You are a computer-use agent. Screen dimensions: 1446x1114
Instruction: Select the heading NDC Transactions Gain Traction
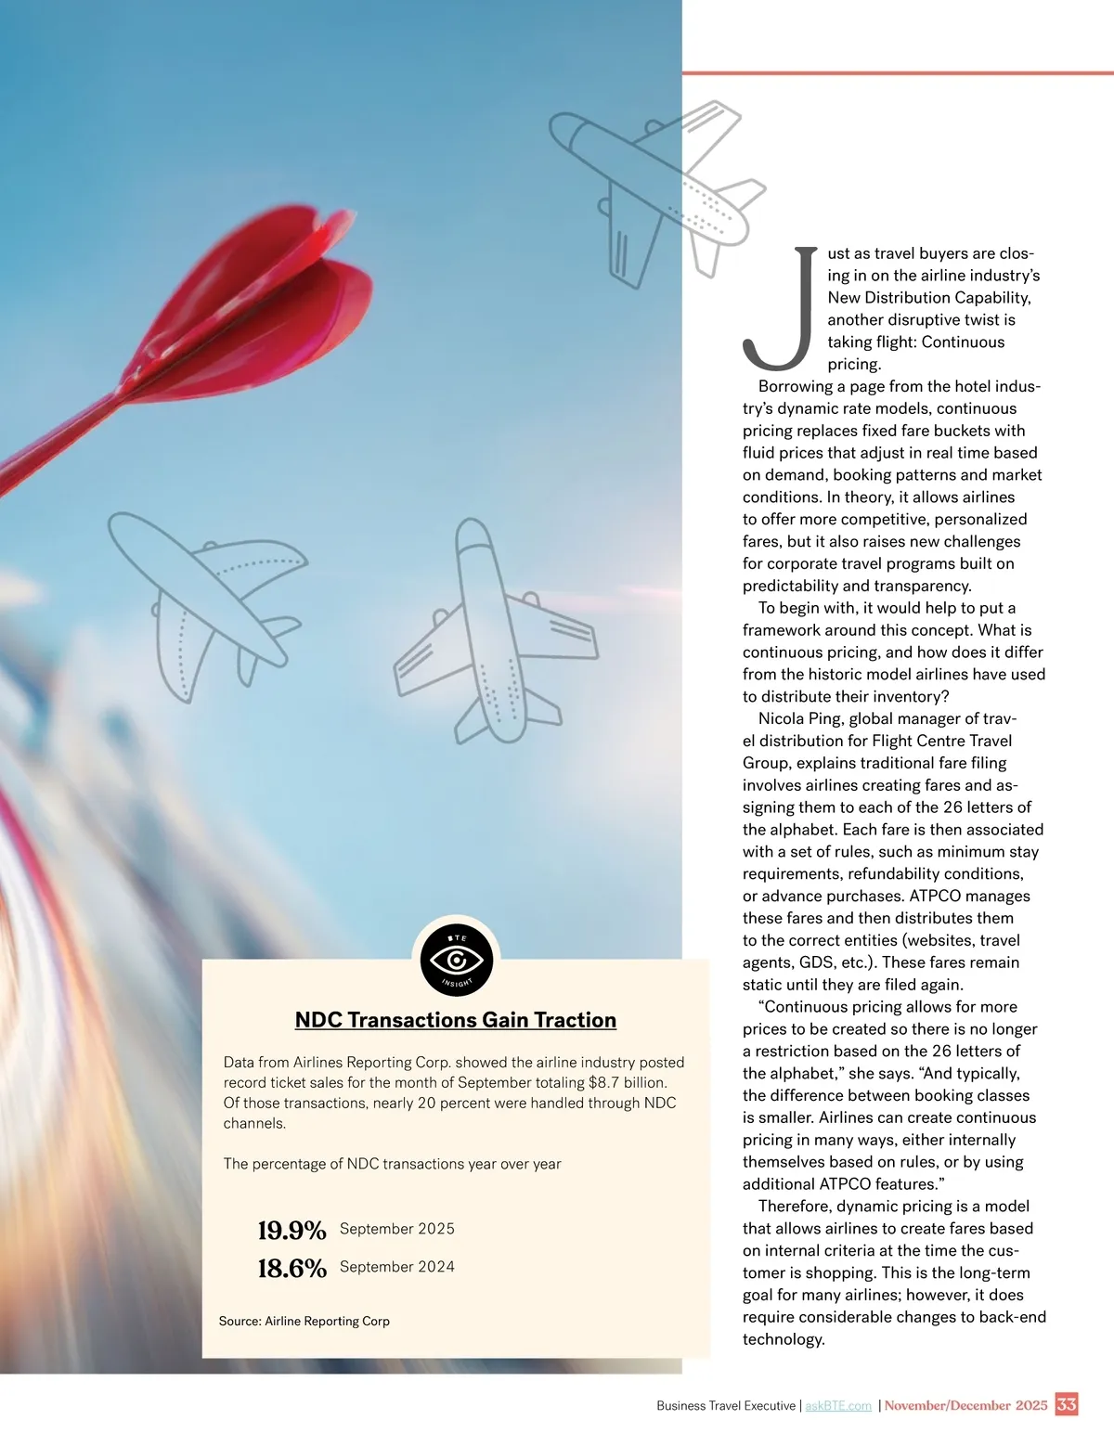click(x=455, y=1020)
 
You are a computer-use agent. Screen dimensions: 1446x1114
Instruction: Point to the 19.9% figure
click(x=291, y=1231)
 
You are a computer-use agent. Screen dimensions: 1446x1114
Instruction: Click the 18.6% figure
click(x=291, y=1269)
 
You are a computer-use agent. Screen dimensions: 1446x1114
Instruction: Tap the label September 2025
click(x=397, y=1229)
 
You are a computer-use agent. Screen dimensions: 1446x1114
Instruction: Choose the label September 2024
click(x=397, y=1267)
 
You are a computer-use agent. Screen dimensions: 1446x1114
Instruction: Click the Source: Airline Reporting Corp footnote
click(x=304, y=1321)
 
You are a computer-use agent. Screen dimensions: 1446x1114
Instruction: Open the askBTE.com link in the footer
click(x=838, y=1406)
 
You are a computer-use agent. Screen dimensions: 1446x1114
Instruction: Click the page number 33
click(x=1067, y=1404)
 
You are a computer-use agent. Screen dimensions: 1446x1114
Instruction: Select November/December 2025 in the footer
click(x=965, y=1405)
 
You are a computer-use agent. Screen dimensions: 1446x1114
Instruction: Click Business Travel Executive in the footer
click(x=726, y=1406)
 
